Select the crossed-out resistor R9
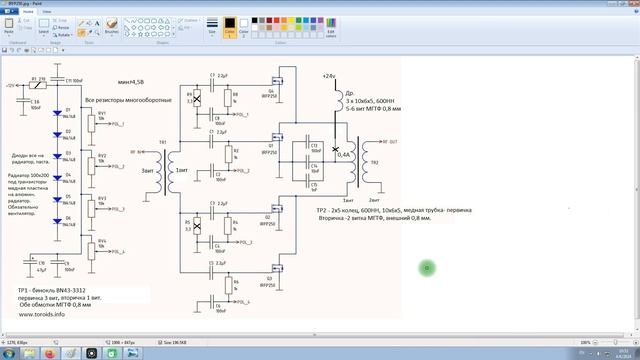click(197, 99)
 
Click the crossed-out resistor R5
click(197, 221)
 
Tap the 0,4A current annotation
click(344, 156)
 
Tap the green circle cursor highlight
click(427, 267)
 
